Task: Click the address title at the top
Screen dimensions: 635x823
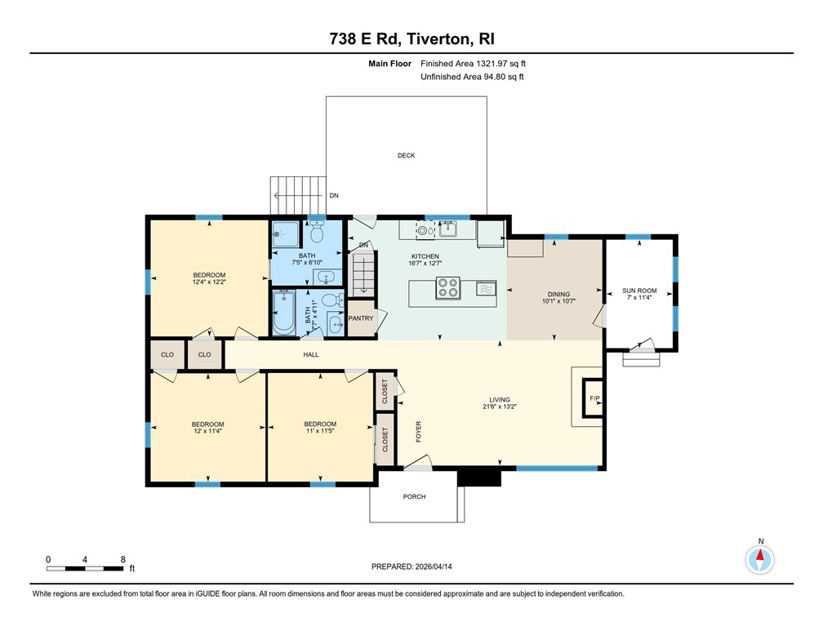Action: click(x=411, y=38)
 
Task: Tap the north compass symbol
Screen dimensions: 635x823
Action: click(x=760, y=559)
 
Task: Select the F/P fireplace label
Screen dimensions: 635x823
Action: click(x=594, y=398)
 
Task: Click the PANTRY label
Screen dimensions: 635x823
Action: click(x=360, y=318)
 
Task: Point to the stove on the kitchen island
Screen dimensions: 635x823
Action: click(x=447, y=288)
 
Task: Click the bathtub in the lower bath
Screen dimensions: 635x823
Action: click(x=284, y=314)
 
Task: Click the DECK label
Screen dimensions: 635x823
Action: click(x=406, y=155)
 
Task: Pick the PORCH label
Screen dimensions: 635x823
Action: click(x=414, y=496)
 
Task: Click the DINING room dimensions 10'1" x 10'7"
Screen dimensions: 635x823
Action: click(x=558, y=300)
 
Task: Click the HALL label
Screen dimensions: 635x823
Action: click(x=311, y=354)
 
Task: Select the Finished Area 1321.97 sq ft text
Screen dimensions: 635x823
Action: click(x=478, y=64)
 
